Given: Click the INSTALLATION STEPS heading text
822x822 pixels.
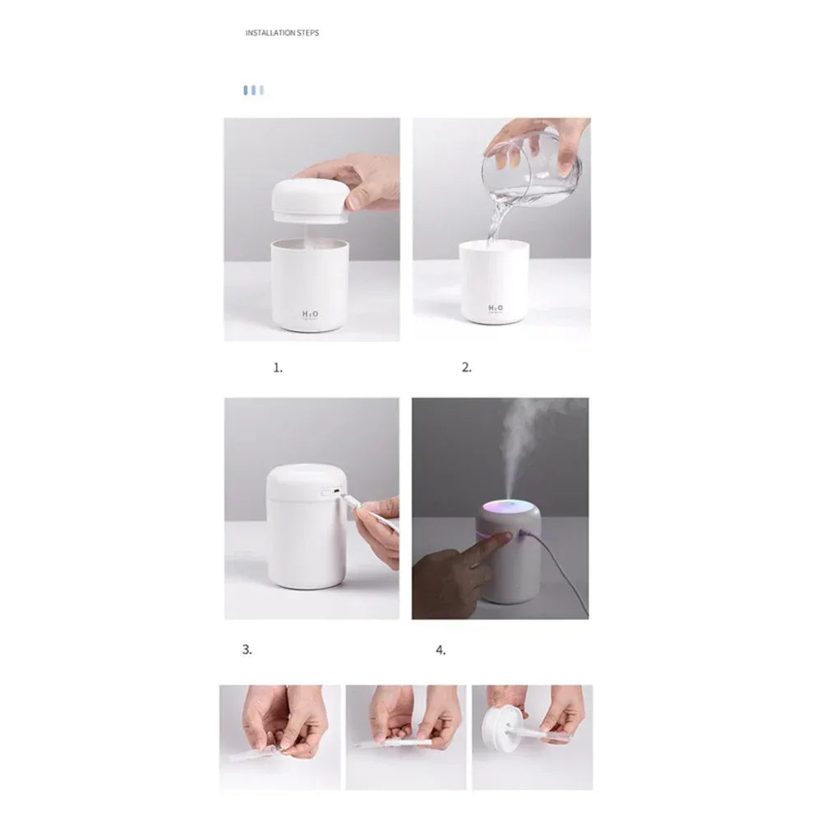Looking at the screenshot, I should pyautogui.click(x=282, y=34).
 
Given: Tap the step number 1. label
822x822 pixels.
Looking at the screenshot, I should pyautogui.click(x=278, y=368).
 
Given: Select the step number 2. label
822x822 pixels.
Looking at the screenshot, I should pyautogui.click(x=466, y=368).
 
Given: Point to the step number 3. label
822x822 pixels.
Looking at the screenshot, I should pyautogui.click(x=247, y=649).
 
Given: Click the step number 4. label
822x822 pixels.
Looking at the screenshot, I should pyautogui.click(x=441, y=649).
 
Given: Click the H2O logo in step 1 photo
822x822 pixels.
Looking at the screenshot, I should pyautogui.click(x=311, y=314).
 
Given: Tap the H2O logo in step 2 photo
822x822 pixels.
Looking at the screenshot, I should pyautogui.click(x=496, y=308).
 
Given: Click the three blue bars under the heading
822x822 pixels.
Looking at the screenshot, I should pyautogui.click(x=253, y=90).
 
